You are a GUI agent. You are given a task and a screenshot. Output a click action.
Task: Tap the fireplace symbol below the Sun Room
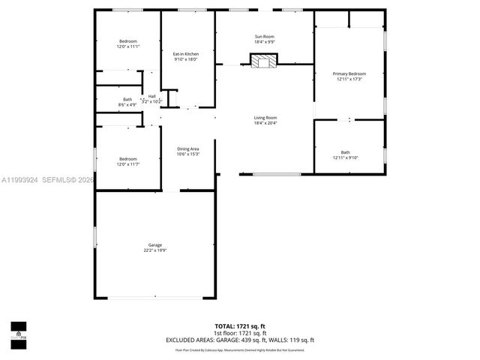(264, 61)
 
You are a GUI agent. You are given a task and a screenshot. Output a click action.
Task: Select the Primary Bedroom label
(349, 73)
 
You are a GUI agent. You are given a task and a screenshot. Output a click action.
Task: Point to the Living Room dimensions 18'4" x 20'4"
(265, 123)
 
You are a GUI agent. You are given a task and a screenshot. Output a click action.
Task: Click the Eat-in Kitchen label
(185, 54)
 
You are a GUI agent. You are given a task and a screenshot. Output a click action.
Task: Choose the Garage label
(154, 245)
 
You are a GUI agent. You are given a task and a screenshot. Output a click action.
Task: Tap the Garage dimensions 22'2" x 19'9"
(154, 250)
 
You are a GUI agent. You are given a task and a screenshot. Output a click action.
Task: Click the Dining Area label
(188, 148)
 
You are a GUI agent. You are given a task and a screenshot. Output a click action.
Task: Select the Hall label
(151, 96)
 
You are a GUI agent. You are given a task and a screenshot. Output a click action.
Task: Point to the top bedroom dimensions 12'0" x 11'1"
(127, 46)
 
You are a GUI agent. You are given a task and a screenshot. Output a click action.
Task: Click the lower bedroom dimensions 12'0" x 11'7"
(127, 163)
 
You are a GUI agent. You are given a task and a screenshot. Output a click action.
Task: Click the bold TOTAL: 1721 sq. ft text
(240, 326)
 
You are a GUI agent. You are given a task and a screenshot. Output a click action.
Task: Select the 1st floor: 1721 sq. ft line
(240, 333)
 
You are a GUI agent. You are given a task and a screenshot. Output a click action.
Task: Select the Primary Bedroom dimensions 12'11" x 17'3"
(349, 79)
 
